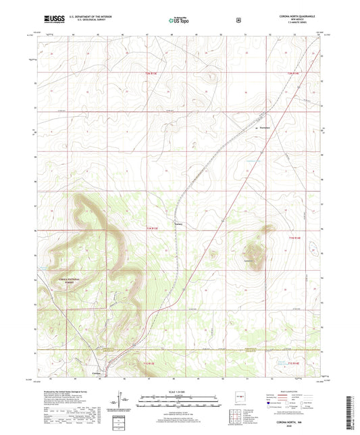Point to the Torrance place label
tap(265, 128)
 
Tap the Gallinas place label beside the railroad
tap(179, 225)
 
